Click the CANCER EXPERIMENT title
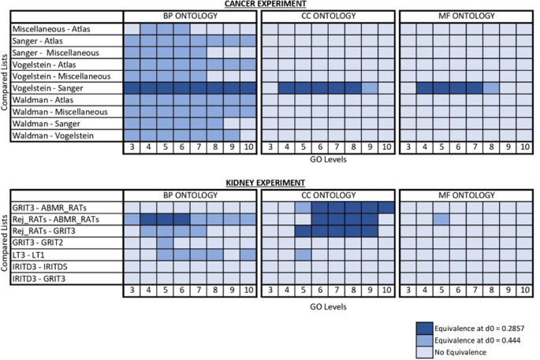coord(270,5)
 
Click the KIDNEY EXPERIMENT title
coord(270,180)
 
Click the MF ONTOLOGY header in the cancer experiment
coord(467,17)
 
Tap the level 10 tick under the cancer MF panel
coord(525,147)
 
